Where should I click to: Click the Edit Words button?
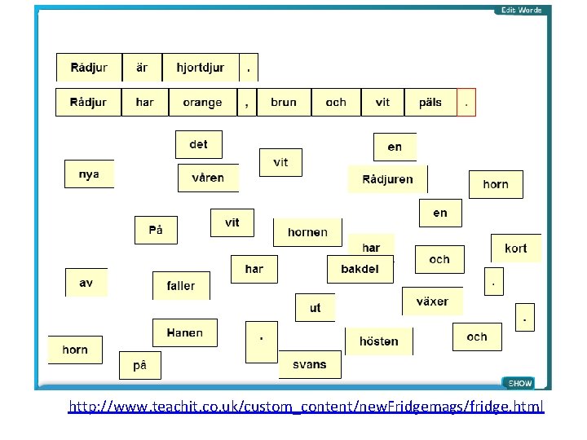click(x=522, y=10)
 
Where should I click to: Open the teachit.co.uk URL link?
click(x=306, y=406)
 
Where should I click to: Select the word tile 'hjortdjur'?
click(x=201, y=68)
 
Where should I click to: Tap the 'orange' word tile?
click(x=202, y=103)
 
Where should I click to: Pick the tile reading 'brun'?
click(x=284, y=103)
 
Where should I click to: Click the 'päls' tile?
click(x=430, y=103)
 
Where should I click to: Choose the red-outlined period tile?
click(x=466, y=103)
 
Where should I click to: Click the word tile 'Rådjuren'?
click(x=386, y=179)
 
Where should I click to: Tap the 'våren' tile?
click(x=208, y=178)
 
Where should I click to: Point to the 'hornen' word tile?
click(x=307, y=232)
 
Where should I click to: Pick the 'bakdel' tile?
click(x=360, y=269)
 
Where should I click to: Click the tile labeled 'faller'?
click(x=181, y=286)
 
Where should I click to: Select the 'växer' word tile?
click(x=432, y=301)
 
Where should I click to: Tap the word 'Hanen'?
click(x=185, y=332)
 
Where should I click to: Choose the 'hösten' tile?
click(x=379, y=341)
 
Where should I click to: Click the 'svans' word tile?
click(x=310, y=364)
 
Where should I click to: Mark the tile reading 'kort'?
click(x=515, y=249)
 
